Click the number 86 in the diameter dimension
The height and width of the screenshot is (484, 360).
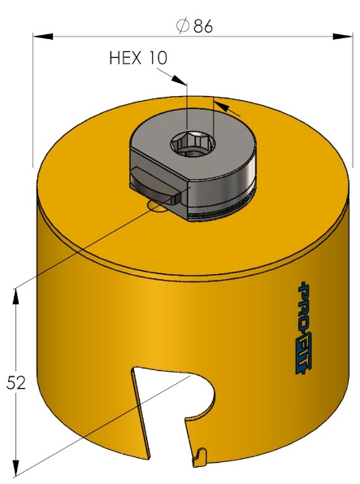click(203, 26)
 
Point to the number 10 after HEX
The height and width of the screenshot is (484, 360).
click(158, 58)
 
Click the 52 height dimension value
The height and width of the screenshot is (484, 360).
click(17, 382)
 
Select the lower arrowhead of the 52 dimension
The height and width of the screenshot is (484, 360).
click(16, 469)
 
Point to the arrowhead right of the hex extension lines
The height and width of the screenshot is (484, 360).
click(227, 107)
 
